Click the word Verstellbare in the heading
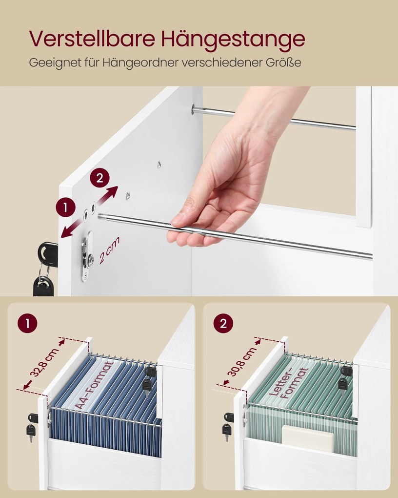92,39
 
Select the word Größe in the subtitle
283,62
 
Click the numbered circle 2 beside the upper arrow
99,178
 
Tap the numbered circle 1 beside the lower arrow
66,207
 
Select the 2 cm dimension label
109,250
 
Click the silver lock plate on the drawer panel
87,256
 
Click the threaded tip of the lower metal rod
102,217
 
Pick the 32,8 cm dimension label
44,363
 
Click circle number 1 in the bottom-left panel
27,324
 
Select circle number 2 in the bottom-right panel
223,324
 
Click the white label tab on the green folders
308,438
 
